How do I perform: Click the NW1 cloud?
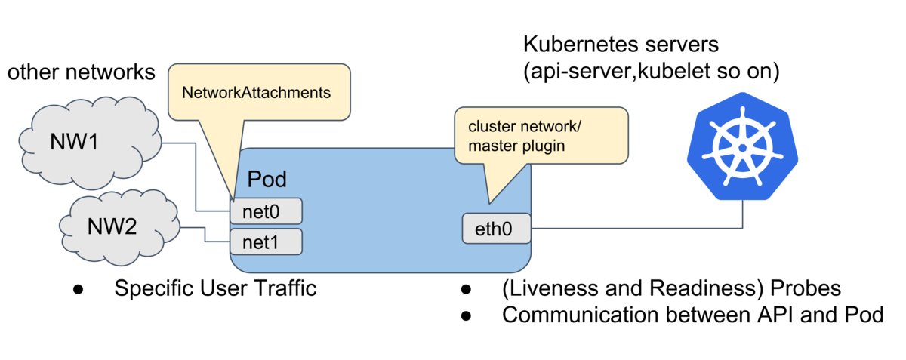click(90, 143)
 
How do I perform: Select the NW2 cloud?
click(119, 227)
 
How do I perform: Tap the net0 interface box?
click(266, 211)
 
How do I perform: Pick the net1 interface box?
click(266, 242)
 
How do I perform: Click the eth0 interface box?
click(496, 229)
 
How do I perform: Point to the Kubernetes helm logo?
click(742, 146)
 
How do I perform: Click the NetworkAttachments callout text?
click(256, 93)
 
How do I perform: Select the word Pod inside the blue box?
click(267, 179)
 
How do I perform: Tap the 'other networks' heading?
click(82, 72)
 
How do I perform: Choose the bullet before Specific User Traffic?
click(78, 289)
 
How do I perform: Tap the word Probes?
click(806, 288)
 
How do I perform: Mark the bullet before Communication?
click(466, 316)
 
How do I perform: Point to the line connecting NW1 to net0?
click(196, 177)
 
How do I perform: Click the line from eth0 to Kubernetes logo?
click(636, 228)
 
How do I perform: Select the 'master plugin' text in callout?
click(516, 146)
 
